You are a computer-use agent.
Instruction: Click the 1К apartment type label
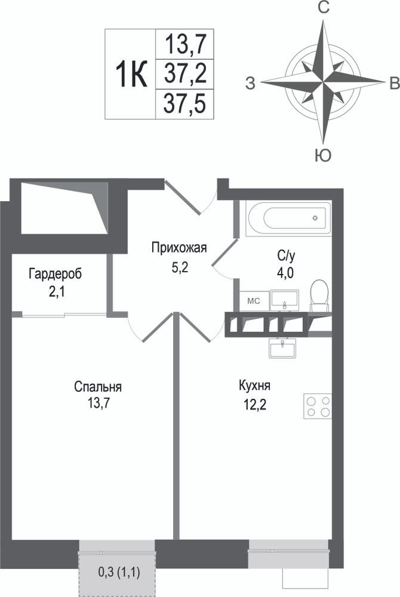click(132, 74)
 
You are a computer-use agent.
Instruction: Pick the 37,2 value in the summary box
click(185, 74)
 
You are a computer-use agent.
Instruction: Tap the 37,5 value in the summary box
click(185, 103)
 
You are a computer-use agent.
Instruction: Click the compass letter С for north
click(324, 8)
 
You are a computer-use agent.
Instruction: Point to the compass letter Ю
click(323, 155)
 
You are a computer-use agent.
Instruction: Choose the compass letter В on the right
click(394, 83)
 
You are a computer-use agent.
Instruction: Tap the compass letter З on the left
click(250, 83)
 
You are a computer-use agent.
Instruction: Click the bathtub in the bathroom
click(288, 218)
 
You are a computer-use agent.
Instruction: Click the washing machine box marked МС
click(254, 301)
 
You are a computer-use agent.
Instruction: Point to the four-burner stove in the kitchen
click(318, 406)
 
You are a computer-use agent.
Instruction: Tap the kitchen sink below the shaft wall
click(283, 348)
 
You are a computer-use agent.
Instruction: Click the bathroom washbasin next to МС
click(285, 300)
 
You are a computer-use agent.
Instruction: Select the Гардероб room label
click(55, 274)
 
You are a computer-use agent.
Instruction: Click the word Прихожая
click(179, 248)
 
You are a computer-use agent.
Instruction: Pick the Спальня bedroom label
click(98, 387)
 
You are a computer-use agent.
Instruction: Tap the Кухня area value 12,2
click(254, 404)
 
